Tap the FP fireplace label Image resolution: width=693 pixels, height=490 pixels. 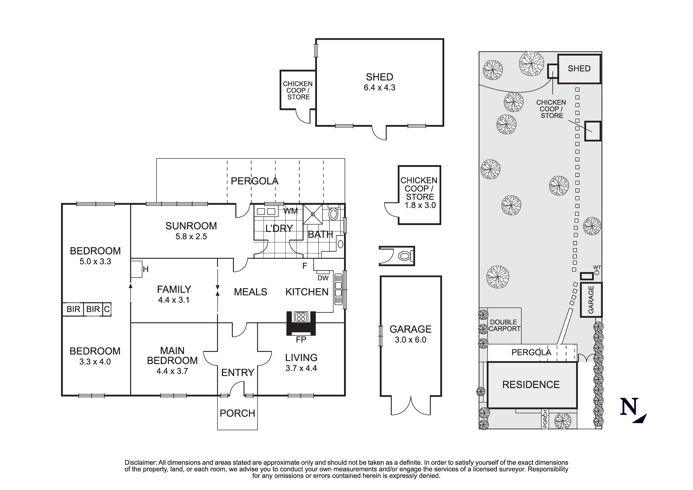301,340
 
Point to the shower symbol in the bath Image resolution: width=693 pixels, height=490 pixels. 313,214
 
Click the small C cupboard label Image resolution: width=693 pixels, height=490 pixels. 107,309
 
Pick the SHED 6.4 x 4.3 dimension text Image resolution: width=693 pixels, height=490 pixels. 379,88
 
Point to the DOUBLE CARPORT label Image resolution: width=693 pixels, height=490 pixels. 504,325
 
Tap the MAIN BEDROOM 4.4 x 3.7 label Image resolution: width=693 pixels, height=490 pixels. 172,360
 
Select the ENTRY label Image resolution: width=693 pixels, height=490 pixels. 238,373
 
